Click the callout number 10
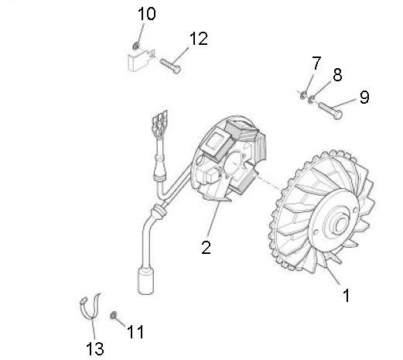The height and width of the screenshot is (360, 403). (x=147, y=14)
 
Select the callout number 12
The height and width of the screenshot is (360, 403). (x=199, y=39)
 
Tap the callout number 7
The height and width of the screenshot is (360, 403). (x=317, y=63)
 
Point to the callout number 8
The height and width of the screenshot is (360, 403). (x=337, y=74)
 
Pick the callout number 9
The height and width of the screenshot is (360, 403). (x=364, y=97)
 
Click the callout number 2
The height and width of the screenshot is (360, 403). (x=206, y=248)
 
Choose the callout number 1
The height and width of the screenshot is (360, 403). (x=347, y=295)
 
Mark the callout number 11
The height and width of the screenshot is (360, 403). (x=135, y=331)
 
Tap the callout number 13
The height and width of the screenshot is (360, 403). (x=95, y=348)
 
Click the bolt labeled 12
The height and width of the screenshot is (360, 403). (x=170, y=66)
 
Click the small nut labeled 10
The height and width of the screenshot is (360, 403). (x=136, y=46)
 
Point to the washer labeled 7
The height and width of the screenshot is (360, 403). (x=303, y=95)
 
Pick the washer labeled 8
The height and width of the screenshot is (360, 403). (x=312, y=98)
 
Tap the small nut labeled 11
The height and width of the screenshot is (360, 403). (x=113, y=315)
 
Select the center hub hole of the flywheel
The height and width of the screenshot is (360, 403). (x=341, y=224)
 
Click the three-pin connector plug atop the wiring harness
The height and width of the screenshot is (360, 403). (x=160, y=122)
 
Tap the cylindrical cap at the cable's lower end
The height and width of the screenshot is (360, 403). (x=146, y=281)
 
